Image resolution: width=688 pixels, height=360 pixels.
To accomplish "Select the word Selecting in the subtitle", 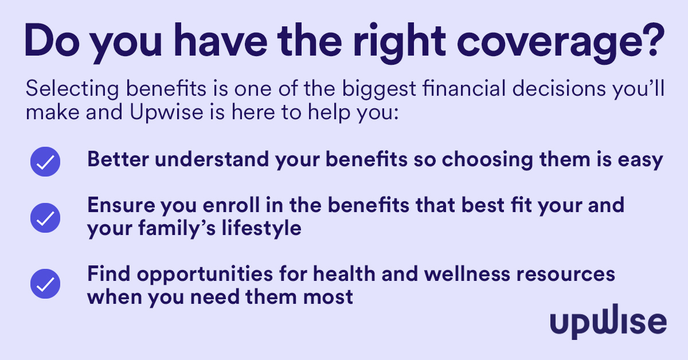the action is point(72,89).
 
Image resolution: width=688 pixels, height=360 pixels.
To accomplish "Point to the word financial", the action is point(464,88).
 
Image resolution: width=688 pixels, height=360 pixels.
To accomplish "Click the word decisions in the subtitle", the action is point(559,88).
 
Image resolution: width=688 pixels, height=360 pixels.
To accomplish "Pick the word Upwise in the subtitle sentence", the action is point(166,112).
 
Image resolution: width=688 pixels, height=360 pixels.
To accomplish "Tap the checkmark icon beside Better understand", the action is point(45,162).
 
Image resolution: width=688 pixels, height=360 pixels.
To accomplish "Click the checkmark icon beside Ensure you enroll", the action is point(45,218).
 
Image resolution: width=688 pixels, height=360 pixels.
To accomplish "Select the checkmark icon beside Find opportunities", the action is point(45,284).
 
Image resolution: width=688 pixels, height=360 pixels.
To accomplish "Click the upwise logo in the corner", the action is point(608,322).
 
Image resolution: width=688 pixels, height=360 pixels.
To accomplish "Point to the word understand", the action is point(212,159).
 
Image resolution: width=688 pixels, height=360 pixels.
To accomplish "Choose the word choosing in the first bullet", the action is point(487,161).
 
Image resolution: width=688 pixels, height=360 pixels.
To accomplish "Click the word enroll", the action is point(231,205).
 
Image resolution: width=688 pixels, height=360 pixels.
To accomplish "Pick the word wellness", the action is point(467,273).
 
